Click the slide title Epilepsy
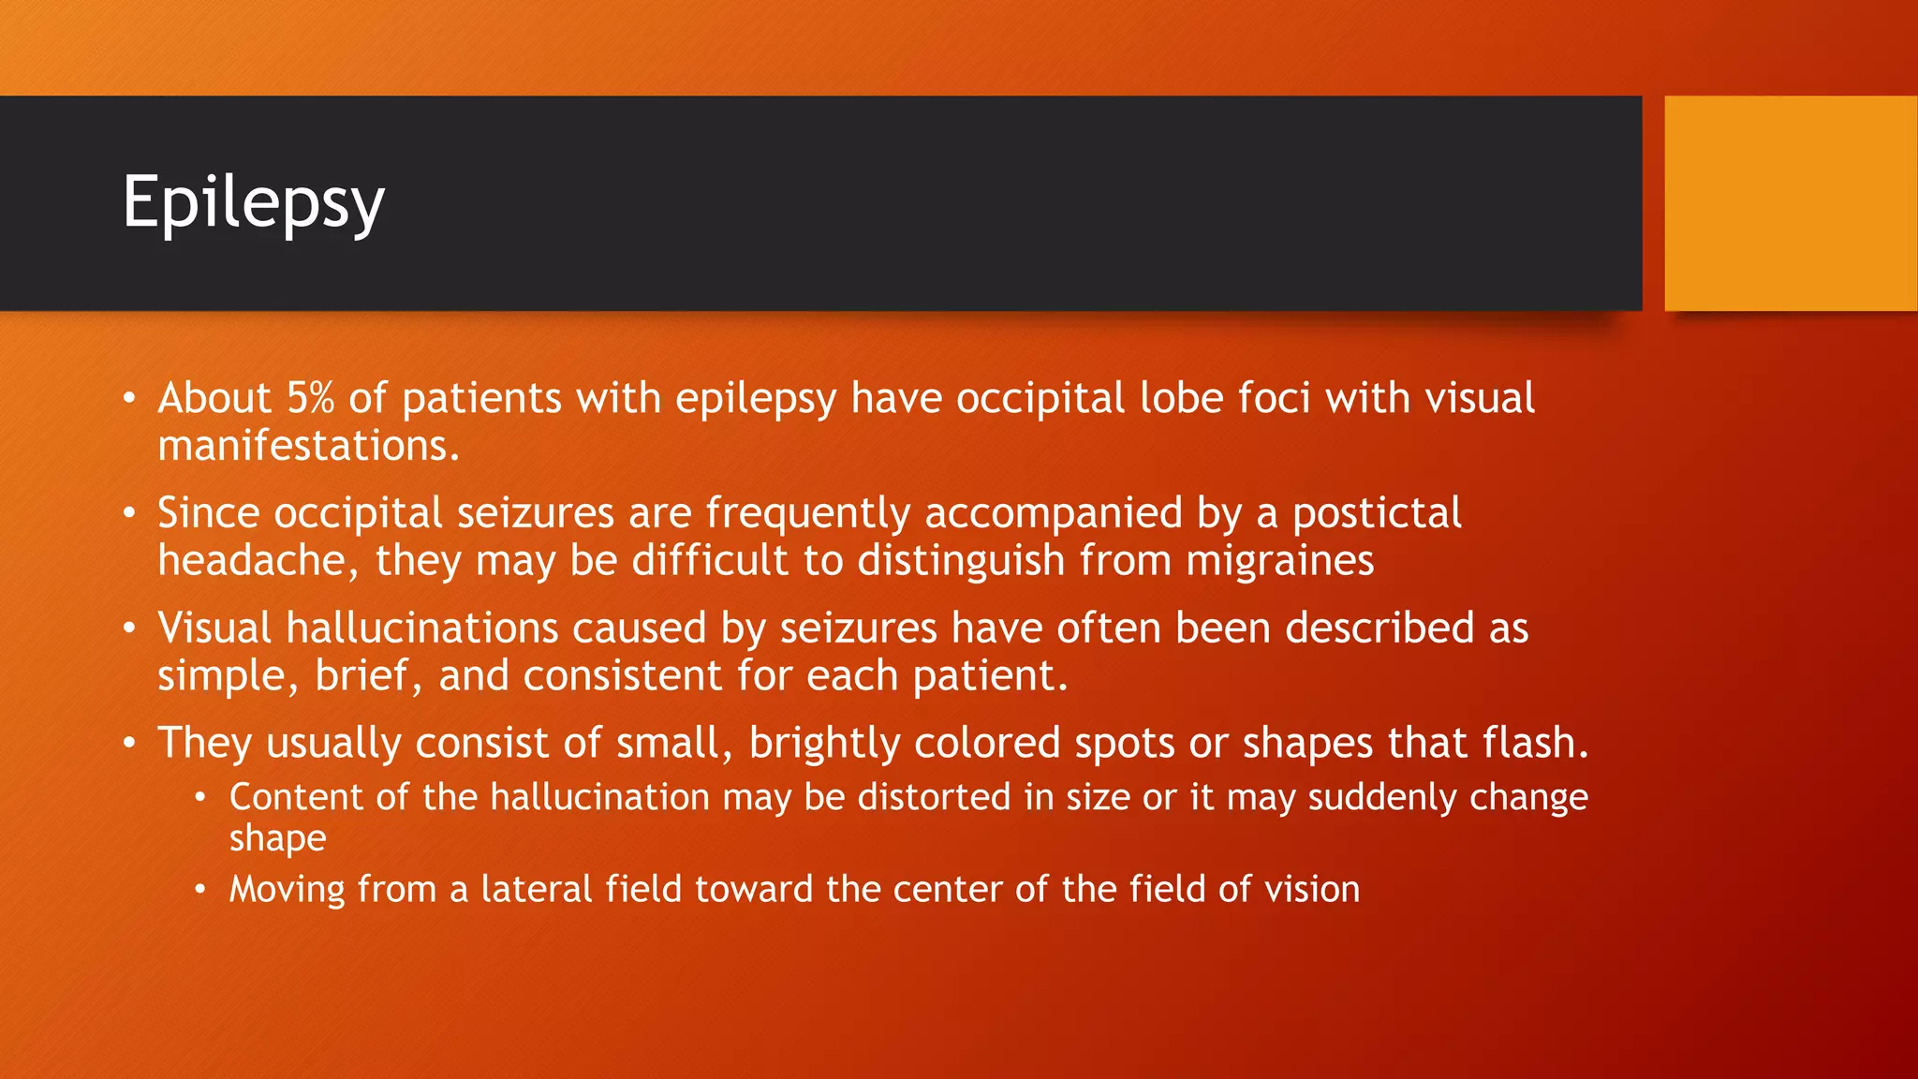[x=253, y=202]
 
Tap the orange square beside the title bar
[x=1791, y=203]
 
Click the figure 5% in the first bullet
[x=310, y=398]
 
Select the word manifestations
[x=308, y=446]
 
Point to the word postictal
[x=1377, y=513]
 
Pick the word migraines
[x=1279, y=561]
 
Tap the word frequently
[x=807, y=513]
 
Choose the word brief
[x=364, y=675]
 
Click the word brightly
[x=824, y=744]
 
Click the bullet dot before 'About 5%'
[x=130, y=399]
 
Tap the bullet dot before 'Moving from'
[x=199, y=889]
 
